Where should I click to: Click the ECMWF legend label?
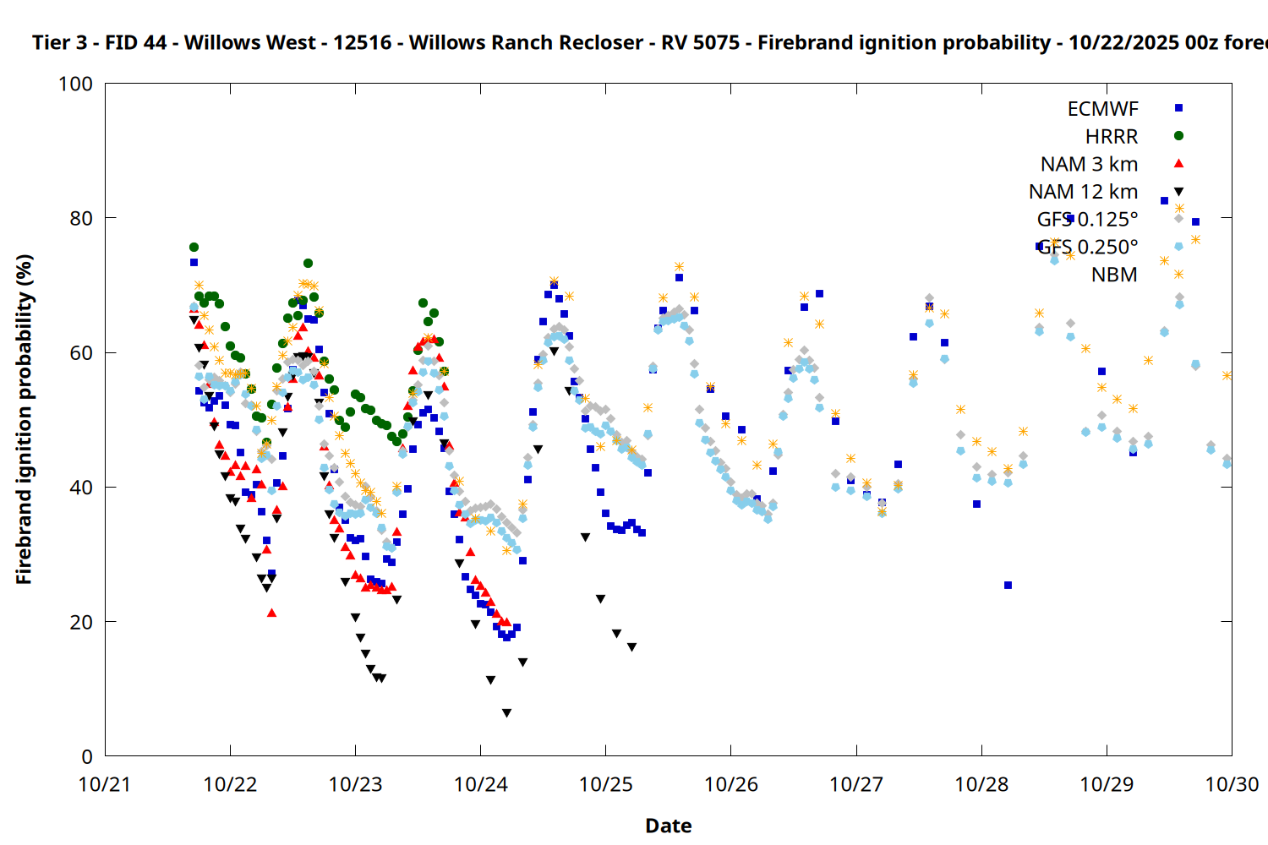click(1102, 109)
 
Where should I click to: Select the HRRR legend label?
click(1112, 137)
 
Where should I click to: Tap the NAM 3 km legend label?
click(1089, 164)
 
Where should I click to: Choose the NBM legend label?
click(1114, 275)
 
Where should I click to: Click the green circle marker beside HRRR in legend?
click(1178, 136)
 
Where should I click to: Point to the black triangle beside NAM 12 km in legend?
click(1178, 192)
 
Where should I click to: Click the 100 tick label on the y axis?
click(75, 84)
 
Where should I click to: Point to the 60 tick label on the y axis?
click(81, 353)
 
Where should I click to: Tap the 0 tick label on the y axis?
click(87, 757)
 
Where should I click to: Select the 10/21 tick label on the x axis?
click(105, 785)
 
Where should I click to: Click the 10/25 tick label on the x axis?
click(605, 785)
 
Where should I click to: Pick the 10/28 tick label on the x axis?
click(981, 785)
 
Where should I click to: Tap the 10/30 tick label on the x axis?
click(1232, 785)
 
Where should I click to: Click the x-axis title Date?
click(668, 826)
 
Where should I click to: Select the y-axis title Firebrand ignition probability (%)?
click(24, 419)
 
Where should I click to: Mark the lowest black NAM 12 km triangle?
click(506, 713)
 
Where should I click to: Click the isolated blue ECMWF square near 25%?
click(1008, 585)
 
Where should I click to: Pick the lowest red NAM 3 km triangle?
click(271, 613)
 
